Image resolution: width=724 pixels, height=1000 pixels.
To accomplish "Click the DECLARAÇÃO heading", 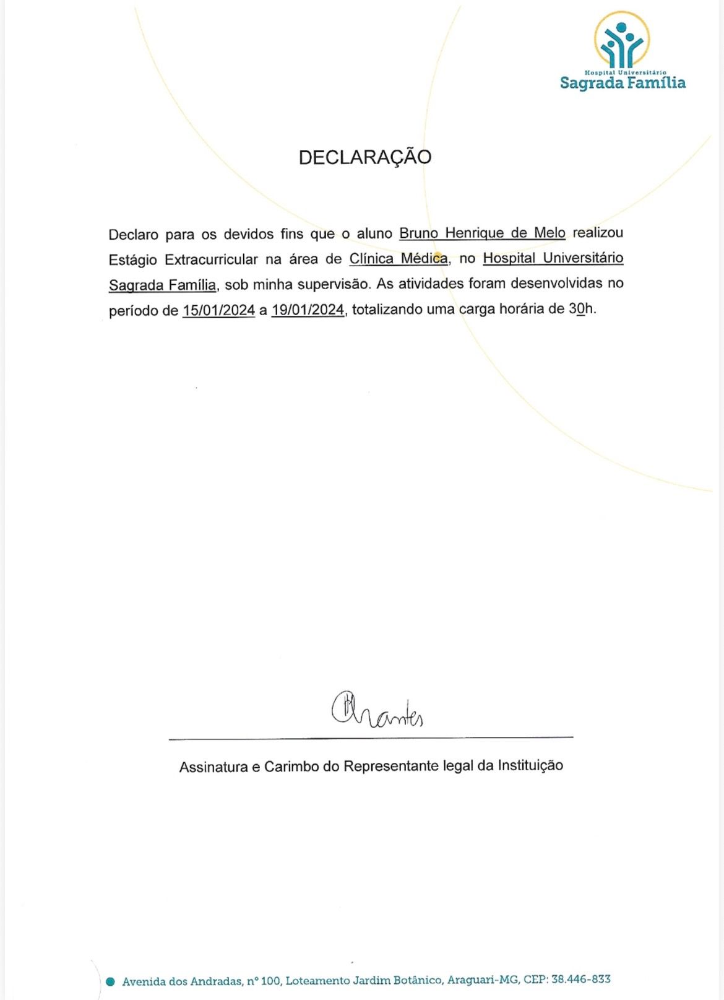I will pyautogui.click(x=364, y=157).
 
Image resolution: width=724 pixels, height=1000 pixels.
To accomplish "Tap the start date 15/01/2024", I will pyautogui.click(x=218, y=310).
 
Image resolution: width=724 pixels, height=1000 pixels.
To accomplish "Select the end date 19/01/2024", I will pyautogui.click(x=308, y=310).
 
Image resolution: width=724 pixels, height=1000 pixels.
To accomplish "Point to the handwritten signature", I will pyautogui.click(x=377, y=711).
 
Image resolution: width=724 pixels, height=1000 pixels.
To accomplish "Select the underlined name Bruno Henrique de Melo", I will pyautogui.click(x=482, y=233).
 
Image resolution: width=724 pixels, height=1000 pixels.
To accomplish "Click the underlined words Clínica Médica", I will pyautogui.click(x=399, y=259).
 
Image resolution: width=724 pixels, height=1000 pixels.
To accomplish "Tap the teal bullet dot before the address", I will pyautogui.click(x=111, y=981).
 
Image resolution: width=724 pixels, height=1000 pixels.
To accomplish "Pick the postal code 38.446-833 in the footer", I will pyautogui.click(x=580, y=979).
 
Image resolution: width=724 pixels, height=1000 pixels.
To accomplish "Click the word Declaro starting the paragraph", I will pyautogui.click(x=133, y=235).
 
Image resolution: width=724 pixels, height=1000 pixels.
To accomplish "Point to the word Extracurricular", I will pyautogui.click(x=211, y=259).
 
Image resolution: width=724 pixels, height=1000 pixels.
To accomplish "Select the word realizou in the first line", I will pyautogui.click(x=598, y=233).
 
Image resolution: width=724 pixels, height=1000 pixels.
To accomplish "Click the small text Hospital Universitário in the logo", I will pyautogui.click(x=625, y=72).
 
